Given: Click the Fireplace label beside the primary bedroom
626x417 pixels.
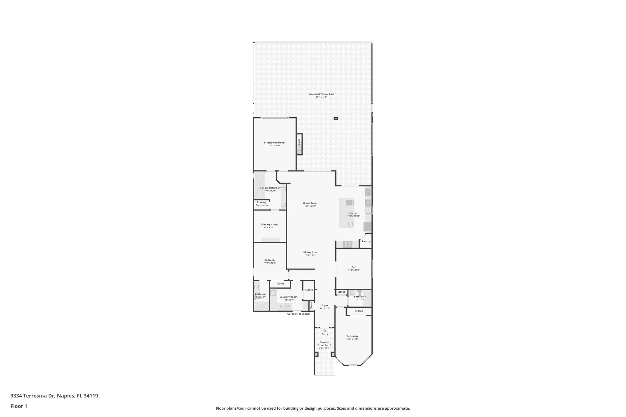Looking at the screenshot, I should pos(299,144).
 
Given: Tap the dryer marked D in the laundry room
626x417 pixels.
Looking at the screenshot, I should pos(281,306).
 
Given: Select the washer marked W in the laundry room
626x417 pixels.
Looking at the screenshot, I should pos(288,306).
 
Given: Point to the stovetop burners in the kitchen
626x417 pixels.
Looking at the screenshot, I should pos(347,244).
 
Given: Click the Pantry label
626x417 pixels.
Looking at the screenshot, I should pos(366,241).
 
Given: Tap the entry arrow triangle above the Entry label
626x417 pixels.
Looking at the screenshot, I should pos(325,330).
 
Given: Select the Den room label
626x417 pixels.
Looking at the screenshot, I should pos(354,267).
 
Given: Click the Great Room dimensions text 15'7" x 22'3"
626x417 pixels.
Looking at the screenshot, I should pos(310,206).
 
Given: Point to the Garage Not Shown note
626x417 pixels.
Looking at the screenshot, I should pos(298,314).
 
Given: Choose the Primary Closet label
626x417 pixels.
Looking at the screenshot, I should pos(270,225).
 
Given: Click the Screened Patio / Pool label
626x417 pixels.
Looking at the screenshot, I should pos(321,94).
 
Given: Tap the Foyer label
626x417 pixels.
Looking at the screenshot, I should pos(325,305).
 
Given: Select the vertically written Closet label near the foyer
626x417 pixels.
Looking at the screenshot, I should pos(311,305).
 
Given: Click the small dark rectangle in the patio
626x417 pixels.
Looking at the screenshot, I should pos(336,119).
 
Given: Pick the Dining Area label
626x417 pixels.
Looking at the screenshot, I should pos(310,252).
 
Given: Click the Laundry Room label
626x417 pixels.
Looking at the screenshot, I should pos(289,297).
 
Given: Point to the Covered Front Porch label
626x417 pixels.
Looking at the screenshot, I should pos(324,344).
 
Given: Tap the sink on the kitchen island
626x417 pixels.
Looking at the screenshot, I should pos(350,224).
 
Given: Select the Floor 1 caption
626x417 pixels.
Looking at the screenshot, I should pos(19,406).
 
